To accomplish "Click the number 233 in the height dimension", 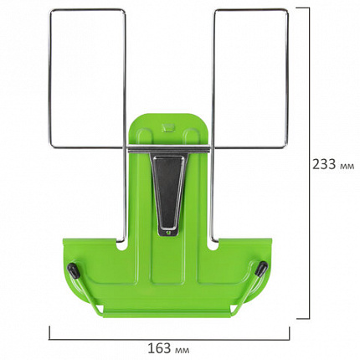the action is [x=324, y=164].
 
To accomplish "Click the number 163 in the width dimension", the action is [x=159, y=348].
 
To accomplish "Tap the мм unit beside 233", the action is [x=347, y=167].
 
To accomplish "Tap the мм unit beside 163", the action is [x=183, y=350].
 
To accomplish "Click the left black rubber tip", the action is [x=72, y=269].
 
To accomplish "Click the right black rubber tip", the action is [x=262, y=269].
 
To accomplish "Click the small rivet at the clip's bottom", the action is [x=167, y=231].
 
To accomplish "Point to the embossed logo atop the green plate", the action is [x=168, y=127].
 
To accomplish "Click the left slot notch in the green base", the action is [x=122, y=245].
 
